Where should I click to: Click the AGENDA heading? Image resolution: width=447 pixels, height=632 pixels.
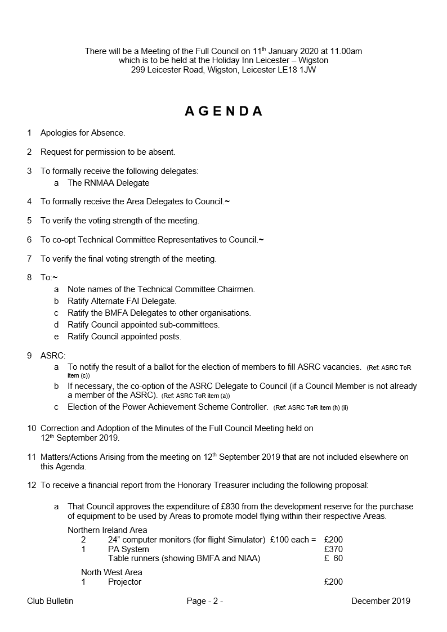pos(223,111)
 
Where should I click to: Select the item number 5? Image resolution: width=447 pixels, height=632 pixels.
pos(29,221)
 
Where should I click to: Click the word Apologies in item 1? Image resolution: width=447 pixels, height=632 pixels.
pos(59,133)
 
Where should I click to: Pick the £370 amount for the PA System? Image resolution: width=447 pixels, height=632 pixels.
pos(333,549)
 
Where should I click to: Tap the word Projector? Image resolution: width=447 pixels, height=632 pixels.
pos(124,582)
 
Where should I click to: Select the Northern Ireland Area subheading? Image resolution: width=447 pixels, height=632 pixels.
pos(107,530)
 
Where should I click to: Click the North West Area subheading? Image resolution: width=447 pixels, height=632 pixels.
pos(111,572)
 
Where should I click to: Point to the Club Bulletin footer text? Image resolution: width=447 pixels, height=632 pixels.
pos(50,601)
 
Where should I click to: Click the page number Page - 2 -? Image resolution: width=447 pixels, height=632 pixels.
pos(205,601)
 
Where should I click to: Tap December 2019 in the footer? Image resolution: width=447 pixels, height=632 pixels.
pos(381,601)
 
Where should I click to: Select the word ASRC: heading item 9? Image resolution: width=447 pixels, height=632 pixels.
pos(53,356)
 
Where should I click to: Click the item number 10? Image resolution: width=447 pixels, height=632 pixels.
pos(32,428)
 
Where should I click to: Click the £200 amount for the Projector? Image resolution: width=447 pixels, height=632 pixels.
pos(333,582)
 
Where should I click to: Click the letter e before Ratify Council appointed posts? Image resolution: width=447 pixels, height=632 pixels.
pos(56,337)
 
